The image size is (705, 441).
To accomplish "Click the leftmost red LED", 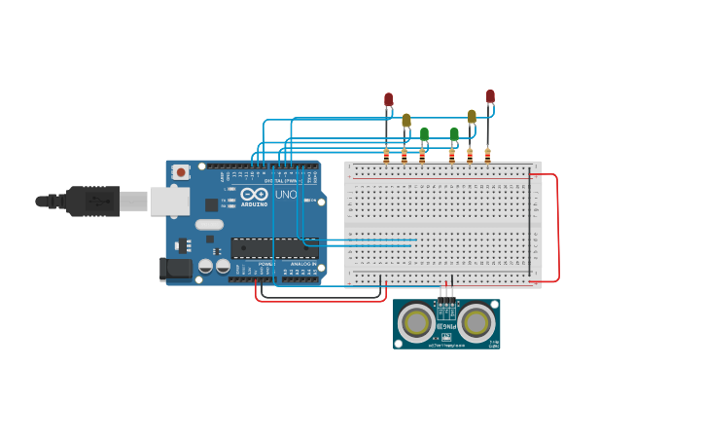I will (x=388, y=99).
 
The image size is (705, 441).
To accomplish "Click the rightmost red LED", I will (x=490, y=95).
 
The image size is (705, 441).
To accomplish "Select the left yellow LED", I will (x=406, y=121).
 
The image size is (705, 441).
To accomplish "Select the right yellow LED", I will (x=472, y=116).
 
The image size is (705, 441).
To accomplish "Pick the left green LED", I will (x=424, y=133).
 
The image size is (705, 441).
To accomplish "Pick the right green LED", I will (x=453, y=133).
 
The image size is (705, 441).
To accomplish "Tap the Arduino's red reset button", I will (x=180, y=172).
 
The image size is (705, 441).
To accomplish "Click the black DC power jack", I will (x=176, y=268).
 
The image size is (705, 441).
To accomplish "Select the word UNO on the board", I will (x=286, y=195).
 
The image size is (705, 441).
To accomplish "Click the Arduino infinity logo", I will (x=254, y=193).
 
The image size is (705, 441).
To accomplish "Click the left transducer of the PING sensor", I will (x=417, y=321).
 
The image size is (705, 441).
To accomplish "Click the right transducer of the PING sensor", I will (x=476, y=321).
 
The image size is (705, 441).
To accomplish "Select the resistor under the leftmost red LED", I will (x=386, y=155).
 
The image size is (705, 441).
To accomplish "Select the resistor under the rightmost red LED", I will (x=487, y=154).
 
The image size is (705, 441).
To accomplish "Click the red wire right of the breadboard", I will (x=557, y=229).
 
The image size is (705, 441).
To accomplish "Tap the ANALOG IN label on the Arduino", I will (x=302, y=264).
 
